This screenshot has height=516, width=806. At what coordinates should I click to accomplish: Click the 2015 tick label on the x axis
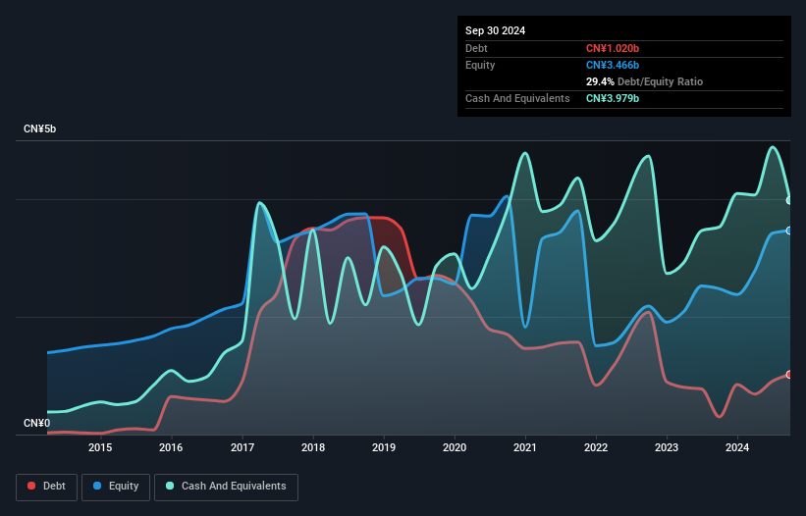[100, 448]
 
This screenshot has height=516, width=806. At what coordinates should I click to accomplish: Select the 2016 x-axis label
[171, 448]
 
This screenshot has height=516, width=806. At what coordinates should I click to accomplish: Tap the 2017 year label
[242, 448]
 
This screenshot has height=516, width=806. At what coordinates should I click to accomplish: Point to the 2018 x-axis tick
[313, 448]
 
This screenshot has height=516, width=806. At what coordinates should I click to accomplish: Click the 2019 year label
[384, 448]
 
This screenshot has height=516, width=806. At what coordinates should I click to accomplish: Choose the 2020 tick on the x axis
[455, 448]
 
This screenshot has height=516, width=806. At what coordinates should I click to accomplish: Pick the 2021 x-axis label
[525, 448]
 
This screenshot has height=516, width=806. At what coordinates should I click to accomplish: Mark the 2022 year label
[596, 448]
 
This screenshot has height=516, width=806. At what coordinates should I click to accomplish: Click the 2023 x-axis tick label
[667, 448]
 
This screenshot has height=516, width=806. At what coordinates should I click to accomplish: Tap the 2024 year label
[737, 448]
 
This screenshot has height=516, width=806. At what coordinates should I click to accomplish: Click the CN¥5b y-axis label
[41, 129]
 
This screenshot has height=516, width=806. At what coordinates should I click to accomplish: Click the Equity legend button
[116, 487]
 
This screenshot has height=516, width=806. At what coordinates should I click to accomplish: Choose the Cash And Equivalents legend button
[226, 487]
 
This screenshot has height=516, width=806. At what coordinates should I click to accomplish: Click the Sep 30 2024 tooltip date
[495, 30]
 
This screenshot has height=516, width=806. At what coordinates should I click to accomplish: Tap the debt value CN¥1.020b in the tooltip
[613, 48]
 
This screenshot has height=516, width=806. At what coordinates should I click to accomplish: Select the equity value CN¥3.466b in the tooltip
[613, 65]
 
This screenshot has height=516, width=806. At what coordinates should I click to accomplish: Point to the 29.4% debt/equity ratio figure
[601, 81]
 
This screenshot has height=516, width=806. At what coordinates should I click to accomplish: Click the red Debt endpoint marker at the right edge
[789, 375]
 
